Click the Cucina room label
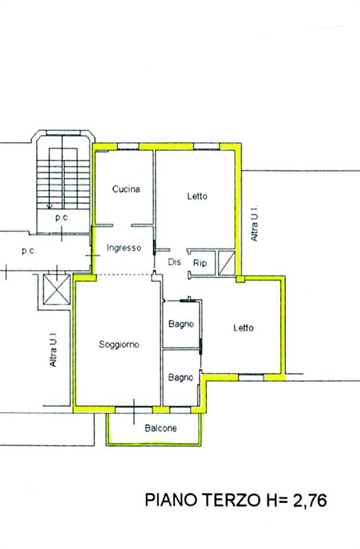126,189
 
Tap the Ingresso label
124,248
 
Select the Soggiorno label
119,344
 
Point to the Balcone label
160,428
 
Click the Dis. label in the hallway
175,262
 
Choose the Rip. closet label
200,263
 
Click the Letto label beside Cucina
197,196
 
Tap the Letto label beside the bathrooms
243,328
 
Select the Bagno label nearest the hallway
181,324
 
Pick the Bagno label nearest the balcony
180,377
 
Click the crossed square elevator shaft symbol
57,289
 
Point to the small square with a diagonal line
226,263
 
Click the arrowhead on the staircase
49,207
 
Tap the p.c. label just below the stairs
62,218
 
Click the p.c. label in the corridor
29,250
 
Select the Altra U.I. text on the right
254,223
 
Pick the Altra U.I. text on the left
53,349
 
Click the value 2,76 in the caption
310,500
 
